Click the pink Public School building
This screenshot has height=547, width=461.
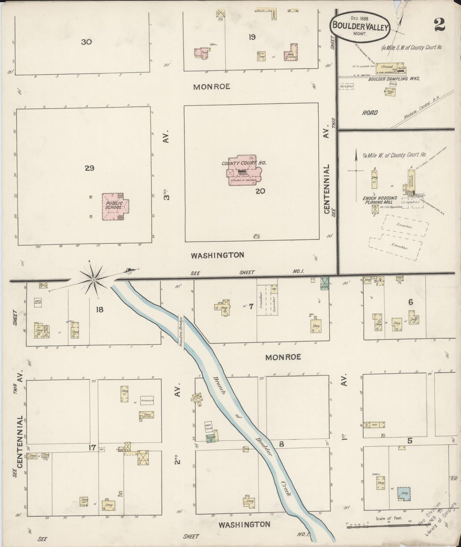(115, 206)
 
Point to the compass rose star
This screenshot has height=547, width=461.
(94, 280)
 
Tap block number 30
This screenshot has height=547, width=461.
(86, 41)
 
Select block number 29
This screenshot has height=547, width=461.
(90, 168)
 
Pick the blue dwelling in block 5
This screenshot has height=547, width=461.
(404, 493)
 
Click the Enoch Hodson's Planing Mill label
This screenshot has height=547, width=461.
(380, 200)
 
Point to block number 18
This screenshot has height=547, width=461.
(100, 309)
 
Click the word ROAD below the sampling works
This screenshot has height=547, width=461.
(370, 113)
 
